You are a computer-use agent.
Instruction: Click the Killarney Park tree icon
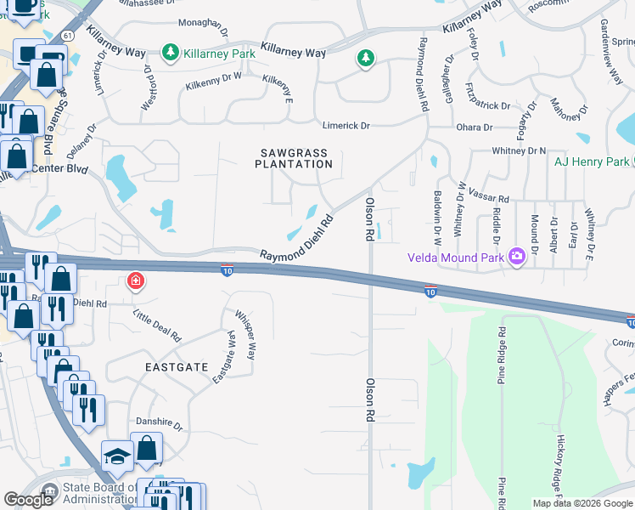point(171,53)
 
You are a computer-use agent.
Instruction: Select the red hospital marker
point(134,281)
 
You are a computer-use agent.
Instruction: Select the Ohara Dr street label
point(475,127)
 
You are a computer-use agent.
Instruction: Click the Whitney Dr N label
point(518,150)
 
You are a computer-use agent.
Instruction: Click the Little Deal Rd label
point(158,325)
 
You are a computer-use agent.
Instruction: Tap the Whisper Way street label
point(245,334)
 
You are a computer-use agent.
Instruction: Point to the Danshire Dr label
point(160,422)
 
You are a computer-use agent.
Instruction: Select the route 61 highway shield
point(66,35)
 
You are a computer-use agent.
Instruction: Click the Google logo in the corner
point(29,499)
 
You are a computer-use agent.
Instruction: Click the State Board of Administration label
point(89,494)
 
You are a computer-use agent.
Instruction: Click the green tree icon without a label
point(365,58)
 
